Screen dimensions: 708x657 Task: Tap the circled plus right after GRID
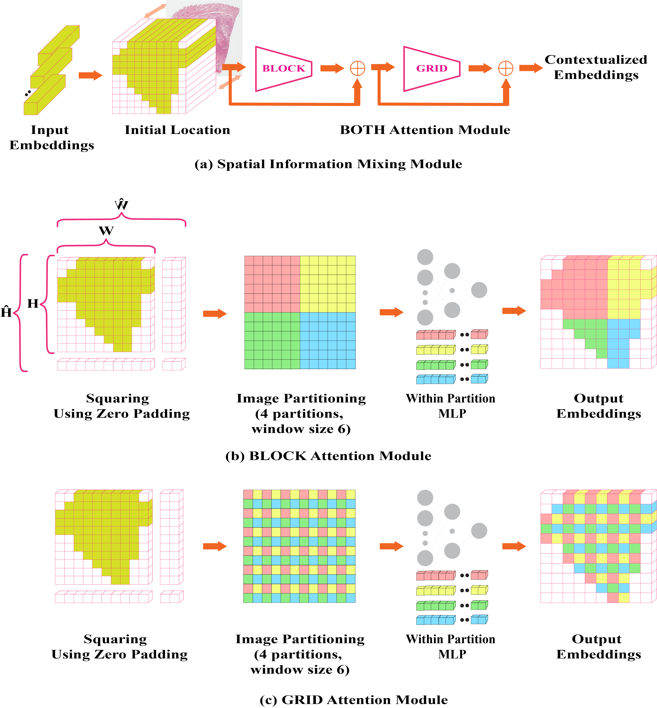click(x=506, y=68)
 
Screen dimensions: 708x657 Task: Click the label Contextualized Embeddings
click(x=596, y=67)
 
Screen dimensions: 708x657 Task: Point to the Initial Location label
click(x=177, y=130)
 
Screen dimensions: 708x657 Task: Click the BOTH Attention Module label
click(x=425, y=130)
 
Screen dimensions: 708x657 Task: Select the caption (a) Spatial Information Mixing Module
click(x=328, y=164)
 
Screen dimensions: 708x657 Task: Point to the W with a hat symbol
click(x=121, y=205)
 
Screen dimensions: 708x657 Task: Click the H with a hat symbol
click(x=6, y=312)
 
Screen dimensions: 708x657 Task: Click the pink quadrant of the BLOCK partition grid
click(x=272, y=284)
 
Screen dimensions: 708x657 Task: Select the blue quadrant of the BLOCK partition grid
click(x=327, y=340)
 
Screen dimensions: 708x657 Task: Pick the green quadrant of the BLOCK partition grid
click(x=272, y=340)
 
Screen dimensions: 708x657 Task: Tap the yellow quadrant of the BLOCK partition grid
click(x=327, y=284)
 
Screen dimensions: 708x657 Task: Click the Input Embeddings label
click(x=52, y=138)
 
